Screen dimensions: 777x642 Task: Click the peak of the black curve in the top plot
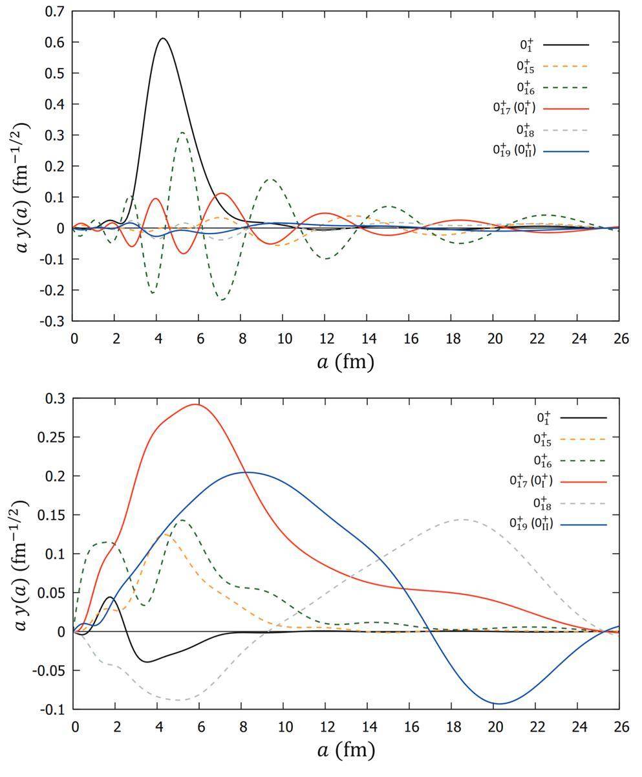[x=163, y=38]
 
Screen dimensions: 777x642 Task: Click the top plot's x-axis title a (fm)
[x=345, y=362]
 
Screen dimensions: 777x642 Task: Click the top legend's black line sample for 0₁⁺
[x=566, y=45]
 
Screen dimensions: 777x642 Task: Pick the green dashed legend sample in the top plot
[x=566, y=87]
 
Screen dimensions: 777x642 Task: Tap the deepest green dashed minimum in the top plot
[x=222, y=300]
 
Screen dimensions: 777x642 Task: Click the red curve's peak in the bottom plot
[x=196, y=404]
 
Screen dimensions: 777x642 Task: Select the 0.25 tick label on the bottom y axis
[x=54, y=437]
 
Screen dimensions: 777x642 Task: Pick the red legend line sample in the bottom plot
[x=583, y=482]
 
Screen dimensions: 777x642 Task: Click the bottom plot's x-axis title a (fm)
[x=345, y=750]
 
